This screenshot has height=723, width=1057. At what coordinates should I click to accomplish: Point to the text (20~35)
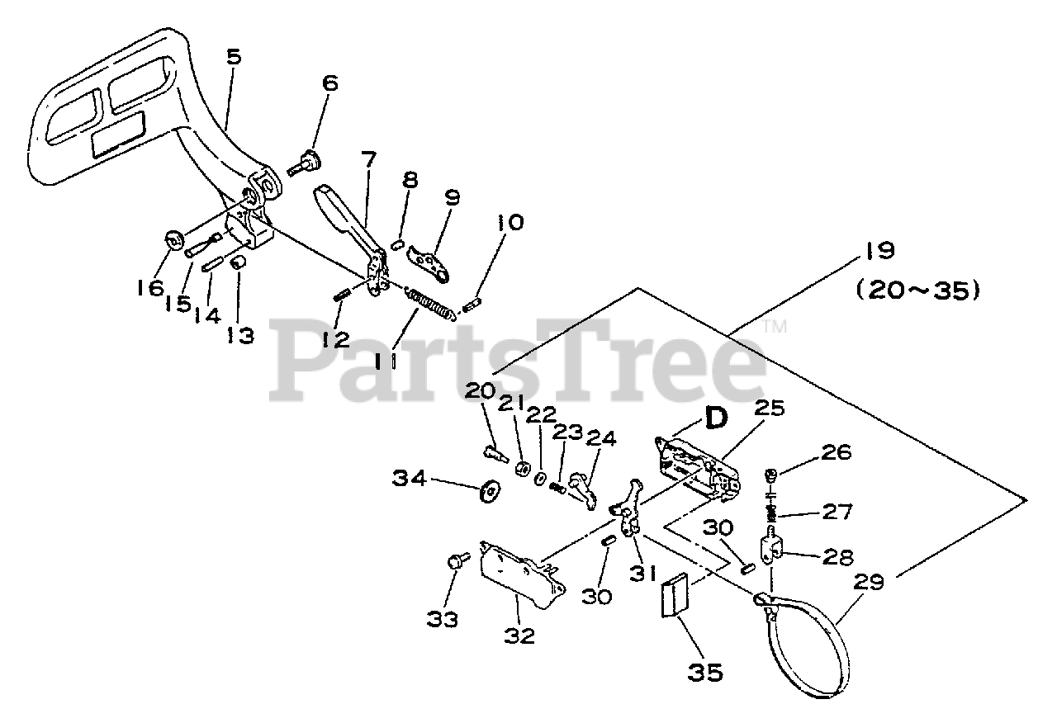pos(917,291)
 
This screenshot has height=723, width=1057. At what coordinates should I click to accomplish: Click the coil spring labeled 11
pos(429,302)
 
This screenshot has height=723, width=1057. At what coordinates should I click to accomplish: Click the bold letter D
pos(715,418)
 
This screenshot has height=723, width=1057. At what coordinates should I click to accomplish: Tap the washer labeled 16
pos(175,240)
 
